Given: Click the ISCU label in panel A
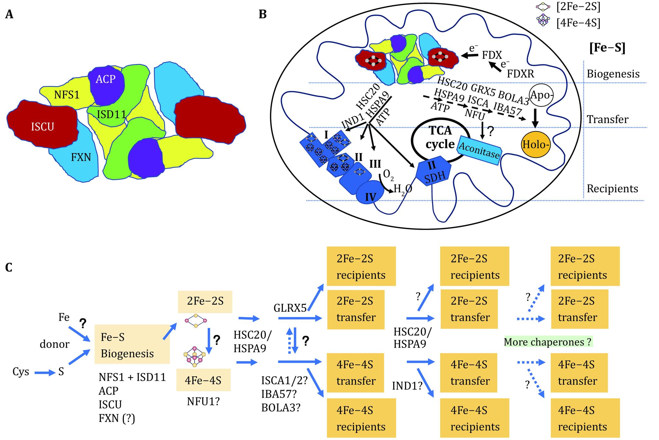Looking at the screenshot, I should [x=42, y=127].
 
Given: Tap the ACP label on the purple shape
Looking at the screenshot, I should [x=105, y=79].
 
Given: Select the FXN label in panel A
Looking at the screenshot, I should [x=81, y=157].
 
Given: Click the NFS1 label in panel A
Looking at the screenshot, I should [x=67, y=95].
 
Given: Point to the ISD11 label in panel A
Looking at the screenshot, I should [x=111, y=114].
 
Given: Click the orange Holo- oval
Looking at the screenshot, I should [x=535, y=145].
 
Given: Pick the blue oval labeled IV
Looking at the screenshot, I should [x=371, y=192].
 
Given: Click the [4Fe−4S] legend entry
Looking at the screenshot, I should [x=578, y=23].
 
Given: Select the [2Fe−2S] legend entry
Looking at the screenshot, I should [x=578, y=7].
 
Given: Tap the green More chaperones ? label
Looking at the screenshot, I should [x=548, y=342].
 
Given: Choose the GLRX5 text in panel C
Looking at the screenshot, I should [x=290, y=308].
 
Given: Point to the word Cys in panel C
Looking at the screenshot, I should [x=21, y=372].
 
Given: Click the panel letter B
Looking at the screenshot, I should [x=263, y=14].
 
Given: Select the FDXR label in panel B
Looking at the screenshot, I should [x=520, y=74].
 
